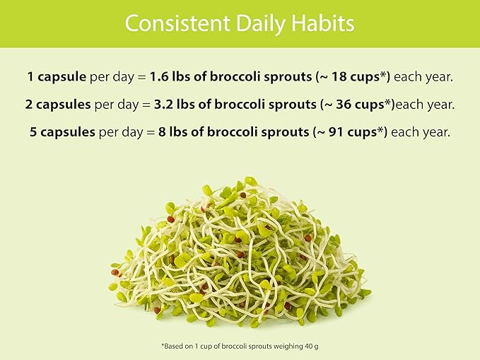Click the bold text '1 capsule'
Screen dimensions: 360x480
click(x=57, y=76)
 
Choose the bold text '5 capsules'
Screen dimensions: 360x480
click(x=64, y=132)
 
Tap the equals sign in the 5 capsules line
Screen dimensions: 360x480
click(x=154, y=132)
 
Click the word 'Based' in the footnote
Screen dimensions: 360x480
click(x=173, y=346)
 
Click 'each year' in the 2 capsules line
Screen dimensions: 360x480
click(x=425, y=104)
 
